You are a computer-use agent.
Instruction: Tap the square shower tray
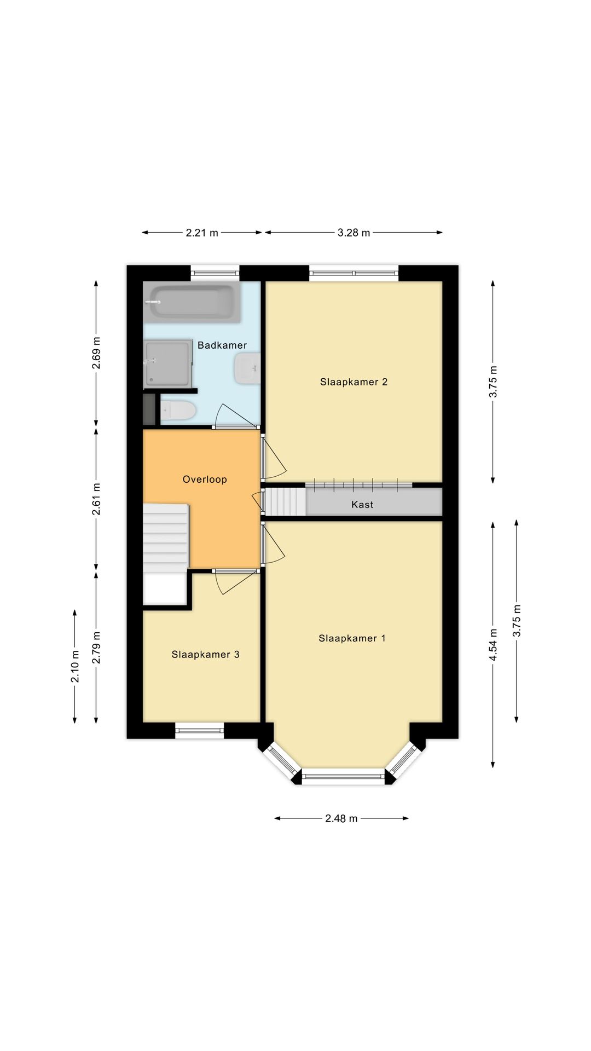click(168, 362)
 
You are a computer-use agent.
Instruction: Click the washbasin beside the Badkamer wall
click(246, 368)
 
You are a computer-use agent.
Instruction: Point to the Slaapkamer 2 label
click(354, 382)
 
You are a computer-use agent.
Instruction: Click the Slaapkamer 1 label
click(352, 638)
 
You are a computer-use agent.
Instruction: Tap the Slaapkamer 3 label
click(205, 655)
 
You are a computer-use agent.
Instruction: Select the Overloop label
click(205, 480)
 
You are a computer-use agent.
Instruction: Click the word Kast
click(362, 505)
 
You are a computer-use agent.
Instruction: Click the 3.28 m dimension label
click(354, 233)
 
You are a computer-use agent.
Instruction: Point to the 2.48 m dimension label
click(341, 819)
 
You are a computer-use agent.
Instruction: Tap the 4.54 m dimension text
click(493, 644)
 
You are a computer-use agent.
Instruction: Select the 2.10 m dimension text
click(75, 666)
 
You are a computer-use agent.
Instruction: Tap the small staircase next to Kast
click(285, 501)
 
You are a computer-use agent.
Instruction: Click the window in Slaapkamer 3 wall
click(200, 730)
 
